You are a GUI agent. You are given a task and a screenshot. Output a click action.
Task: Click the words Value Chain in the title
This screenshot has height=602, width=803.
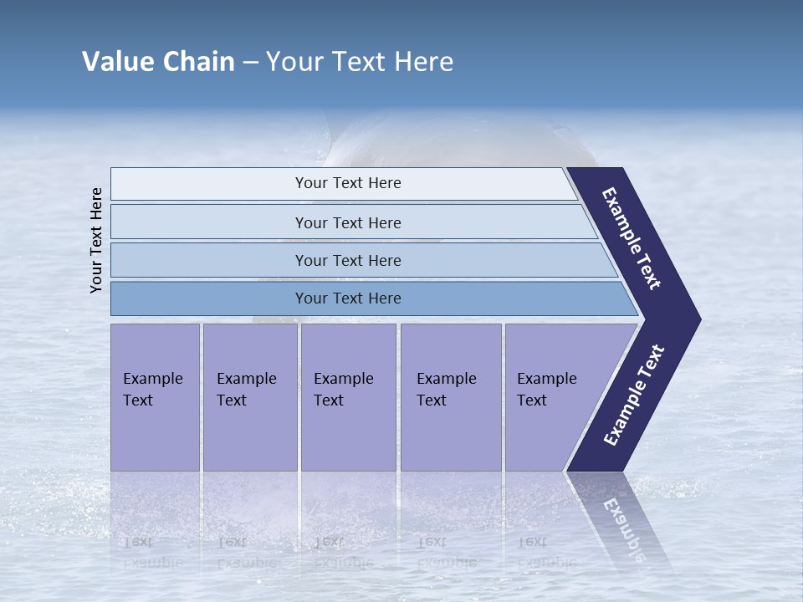tap(158, 62)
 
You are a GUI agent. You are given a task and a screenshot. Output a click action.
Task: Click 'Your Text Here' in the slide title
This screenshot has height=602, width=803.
tap(360, 62)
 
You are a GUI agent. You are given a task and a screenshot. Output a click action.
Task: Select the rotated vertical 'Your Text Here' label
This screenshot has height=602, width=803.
tap(96, 240)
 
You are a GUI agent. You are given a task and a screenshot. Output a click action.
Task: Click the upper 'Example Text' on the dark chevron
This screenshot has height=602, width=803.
tap(632, 238)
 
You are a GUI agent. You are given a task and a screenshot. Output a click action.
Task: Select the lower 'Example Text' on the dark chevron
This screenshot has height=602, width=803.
tap(634, 395)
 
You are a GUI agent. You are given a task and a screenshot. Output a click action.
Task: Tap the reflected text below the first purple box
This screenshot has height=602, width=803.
tap(152, 552)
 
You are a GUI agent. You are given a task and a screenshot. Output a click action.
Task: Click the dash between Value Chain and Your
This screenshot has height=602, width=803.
tap(250, 62)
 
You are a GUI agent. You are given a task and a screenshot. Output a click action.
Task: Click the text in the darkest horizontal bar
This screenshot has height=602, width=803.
tap(348, 298)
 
